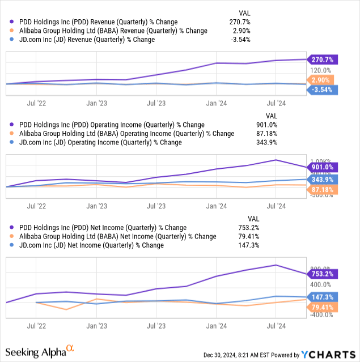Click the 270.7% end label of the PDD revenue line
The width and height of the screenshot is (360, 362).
[322, 59]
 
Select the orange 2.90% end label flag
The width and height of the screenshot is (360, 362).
[322, 80]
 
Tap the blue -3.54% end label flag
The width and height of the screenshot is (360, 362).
[322, 90]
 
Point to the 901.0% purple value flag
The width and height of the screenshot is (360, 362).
[322, 167]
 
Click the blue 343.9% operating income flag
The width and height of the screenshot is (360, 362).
[322, 179]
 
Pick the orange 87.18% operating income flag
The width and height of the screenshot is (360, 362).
[322, 189]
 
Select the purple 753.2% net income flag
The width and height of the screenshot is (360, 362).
[322, 274]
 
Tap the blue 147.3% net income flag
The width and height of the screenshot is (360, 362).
[322, 296]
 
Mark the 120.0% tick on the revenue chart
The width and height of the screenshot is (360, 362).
[315, 70]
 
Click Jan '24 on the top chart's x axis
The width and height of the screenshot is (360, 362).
[217, 103]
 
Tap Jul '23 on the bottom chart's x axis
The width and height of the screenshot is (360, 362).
[156, 326]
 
